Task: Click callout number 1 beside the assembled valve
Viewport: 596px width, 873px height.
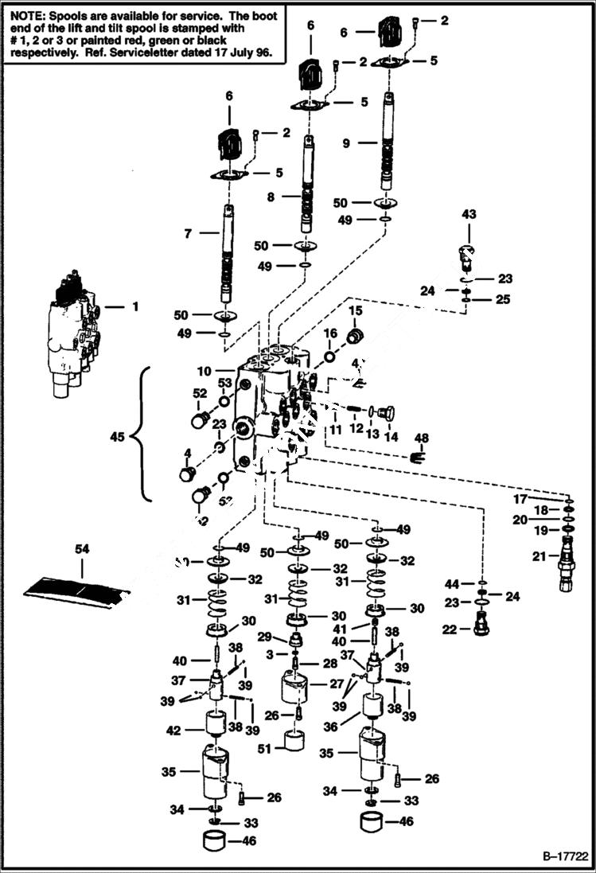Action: [134, 306]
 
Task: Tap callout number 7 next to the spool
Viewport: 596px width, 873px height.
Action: [188, 234]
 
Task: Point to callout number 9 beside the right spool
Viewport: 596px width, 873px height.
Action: [346, 143]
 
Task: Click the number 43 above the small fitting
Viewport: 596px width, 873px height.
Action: [469, 214]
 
